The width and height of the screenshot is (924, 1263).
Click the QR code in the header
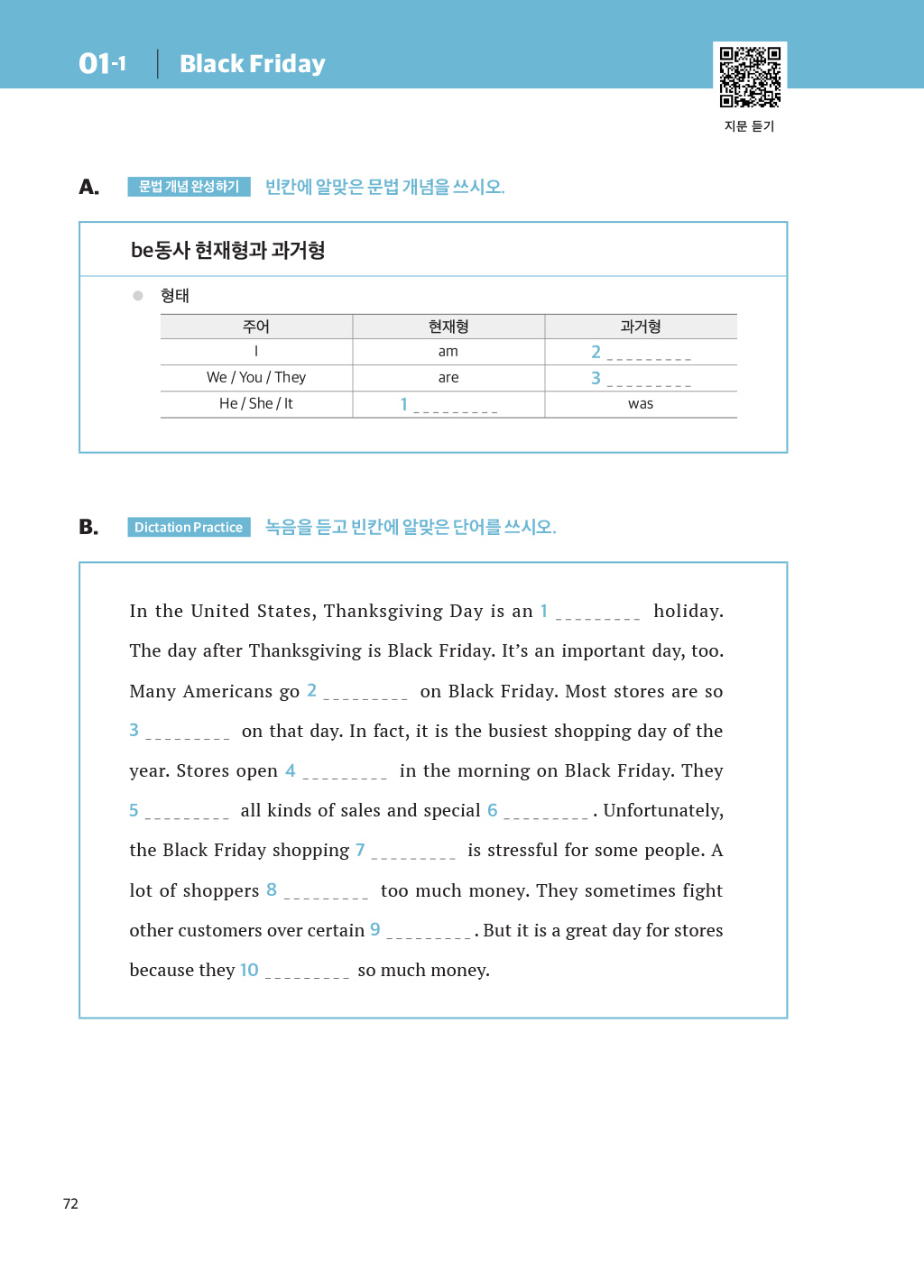coord(750,77)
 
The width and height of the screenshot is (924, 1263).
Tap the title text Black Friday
coord(253,64)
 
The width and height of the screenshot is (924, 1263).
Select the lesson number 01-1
coord(102,63)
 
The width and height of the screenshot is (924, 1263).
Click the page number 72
coord(70,1203)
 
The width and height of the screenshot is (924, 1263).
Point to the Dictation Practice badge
coord(189,527)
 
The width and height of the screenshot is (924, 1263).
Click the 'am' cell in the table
coord(448,352)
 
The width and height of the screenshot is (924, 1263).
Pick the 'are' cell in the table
coord(448,378)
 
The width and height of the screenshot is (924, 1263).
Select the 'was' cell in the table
coord(641,404)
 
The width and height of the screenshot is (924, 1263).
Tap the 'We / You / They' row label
coord(256,378)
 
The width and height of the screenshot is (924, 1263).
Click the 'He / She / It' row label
coord(256,404)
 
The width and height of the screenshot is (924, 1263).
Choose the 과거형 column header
coord(641,327)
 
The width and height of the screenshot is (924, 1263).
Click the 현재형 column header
coord(448,327)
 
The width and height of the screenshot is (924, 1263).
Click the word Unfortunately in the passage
coord(663,810)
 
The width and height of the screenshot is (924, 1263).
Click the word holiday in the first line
coord(688,611)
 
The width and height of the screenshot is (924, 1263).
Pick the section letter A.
coord(88,187)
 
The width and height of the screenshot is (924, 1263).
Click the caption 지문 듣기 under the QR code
coord(749,126)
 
